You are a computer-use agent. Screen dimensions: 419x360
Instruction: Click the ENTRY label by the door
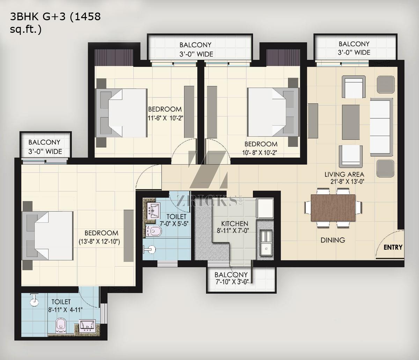(x=393, y=247)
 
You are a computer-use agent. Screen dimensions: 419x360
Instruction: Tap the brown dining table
(x=333, y=208)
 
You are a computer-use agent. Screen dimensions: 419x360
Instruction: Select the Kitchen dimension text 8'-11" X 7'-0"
(x=233, y=231)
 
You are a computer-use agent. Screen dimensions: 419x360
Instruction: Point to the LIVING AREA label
(x=344, y=174)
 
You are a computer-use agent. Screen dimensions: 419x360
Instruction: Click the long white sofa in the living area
(x=381, y=127)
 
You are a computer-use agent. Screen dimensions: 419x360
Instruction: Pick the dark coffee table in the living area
(x=351, y=122)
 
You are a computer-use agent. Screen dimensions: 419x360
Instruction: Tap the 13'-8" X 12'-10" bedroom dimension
(x=99, y=241)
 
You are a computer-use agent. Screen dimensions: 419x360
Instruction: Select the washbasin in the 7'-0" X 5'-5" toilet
(x=153, y=211)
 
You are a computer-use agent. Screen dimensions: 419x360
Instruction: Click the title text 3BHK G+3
(x=38, y=17)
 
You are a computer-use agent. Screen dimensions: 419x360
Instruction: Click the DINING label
(x=333, y=240)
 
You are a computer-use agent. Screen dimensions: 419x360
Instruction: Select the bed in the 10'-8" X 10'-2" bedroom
(x=273, y=112)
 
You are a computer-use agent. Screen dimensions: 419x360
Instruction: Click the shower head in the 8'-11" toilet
(x=34, y=300)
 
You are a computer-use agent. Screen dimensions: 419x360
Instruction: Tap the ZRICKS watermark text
(x=207, y=201)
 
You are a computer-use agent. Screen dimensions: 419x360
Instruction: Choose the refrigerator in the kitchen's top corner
(x=265, y=208)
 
